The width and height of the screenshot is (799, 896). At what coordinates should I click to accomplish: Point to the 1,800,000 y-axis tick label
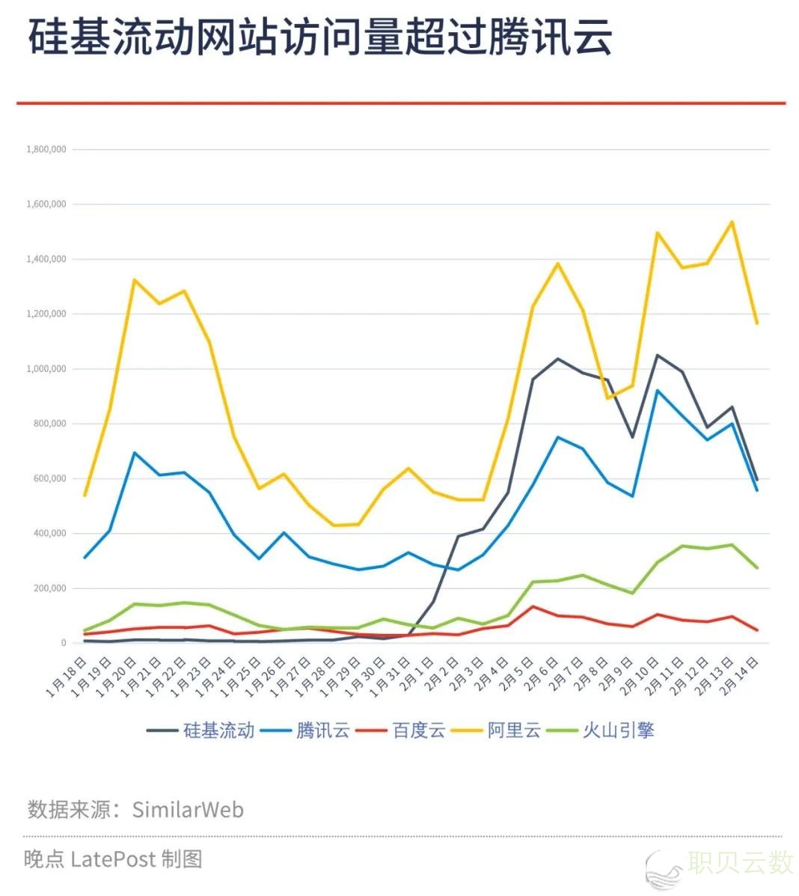pos(46,150)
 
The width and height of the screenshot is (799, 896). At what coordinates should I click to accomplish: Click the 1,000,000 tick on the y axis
pos(46,369)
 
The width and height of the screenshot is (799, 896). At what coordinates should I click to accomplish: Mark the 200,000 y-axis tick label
pos(49,588)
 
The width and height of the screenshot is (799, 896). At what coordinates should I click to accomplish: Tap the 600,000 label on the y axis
pos(49,479)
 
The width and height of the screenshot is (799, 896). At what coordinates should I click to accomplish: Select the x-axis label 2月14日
pos(740,677)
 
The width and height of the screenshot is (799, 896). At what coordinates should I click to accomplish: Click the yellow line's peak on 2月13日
pos(732,222)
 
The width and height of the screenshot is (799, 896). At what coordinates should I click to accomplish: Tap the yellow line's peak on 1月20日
pos(134,280)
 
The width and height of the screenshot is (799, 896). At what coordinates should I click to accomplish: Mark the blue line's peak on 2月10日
pos(657,390)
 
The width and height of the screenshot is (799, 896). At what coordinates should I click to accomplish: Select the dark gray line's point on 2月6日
pos(557,359)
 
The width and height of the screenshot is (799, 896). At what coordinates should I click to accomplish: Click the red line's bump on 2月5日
pos(533,606)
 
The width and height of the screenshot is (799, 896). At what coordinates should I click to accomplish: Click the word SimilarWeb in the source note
pos(188,810)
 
